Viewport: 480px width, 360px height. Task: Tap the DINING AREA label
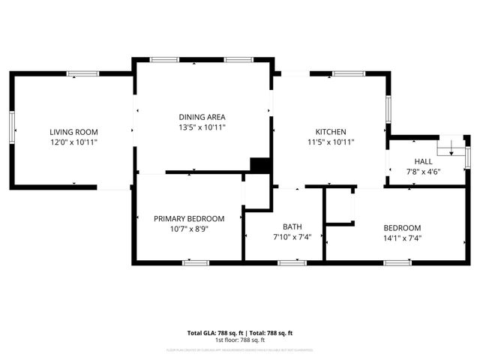pyautogui.click(x=202, y=117)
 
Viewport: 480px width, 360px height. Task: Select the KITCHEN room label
pyautogui.click(x=330, y=132)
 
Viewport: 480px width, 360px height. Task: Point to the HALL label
pyautogui.click(x=423, y=161)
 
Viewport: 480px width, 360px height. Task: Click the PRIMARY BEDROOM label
pyautogui.click(x=185, y=219)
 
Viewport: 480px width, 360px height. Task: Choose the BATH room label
pyautogui.click(x=292, y=227)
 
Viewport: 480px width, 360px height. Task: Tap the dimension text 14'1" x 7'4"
pyautogui.click(x=402, y=238)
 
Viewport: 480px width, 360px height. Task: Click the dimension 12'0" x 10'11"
pyautogui.click(x=74, y=142)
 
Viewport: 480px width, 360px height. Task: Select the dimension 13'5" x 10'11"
pyautogui.click(x=202, y=127)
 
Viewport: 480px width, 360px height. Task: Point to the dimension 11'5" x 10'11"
pyautogui.click(x=330, y=142)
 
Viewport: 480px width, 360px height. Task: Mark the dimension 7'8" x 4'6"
pyautogui.click(x=423, y=171)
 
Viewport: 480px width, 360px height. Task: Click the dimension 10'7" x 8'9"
pyautogui.click(x=185, y=229)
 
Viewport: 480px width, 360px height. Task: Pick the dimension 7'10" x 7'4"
pyautogui.click(x=292, y=237)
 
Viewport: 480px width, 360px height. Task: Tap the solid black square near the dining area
pyautogui.click(x=259, y=165)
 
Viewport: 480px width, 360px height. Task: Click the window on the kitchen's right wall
pyautogui.click(x=388, y=109)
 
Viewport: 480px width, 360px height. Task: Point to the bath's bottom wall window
pyautogui.click(x=292, y=262)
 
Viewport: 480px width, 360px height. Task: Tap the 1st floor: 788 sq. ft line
pyautogui.click(x=240, y=340)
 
